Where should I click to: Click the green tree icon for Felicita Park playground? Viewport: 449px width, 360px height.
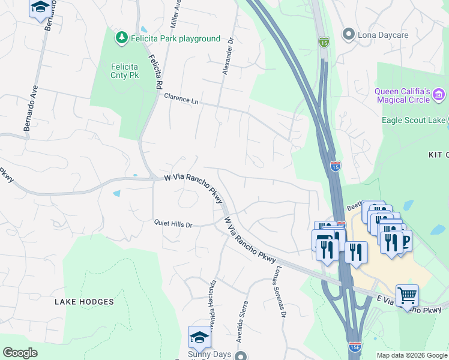pos(122,38)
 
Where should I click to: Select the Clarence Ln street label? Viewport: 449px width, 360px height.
pos(181,99)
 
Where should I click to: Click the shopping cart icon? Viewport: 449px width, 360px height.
pos(408,295)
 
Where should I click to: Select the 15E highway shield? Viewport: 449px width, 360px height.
pos(354,347)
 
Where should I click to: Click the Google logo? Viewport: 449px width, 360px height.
pos(20,353)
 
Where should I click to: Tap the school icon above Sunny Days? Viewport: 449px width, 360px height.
pos(200,337)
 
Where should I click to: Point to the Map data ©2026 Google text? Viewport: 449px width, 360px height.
pos(411,355)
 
